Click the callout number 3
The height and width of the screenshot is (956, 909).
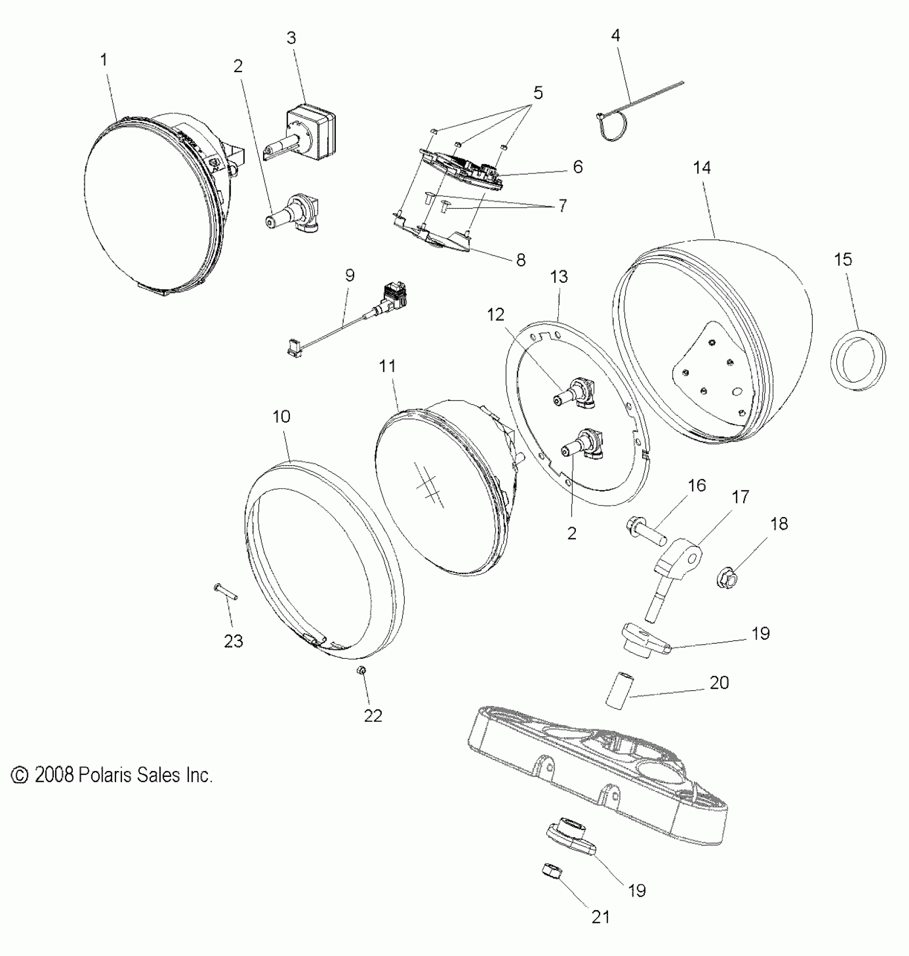291,38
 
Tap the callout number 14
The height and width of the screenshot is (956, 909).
702,168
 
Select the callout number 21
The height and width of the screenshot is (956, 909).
600,918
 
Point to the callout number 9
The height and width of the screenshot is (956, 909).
350,276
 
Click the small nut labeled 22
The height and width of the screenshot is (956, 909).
362,670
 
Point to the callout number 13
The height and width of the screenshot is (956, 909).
559,277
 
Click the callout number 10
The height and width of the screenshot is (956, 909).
281,417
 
